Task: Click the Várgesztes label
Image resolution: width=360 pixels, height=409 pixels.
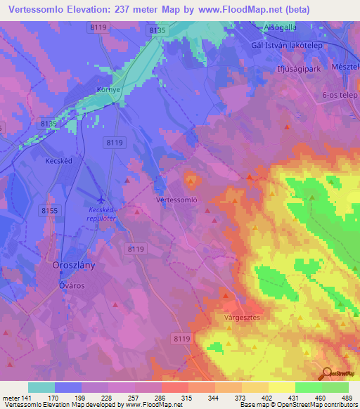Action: click(243, 318)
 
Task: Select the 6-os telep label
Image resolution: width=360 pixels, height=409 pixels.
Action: click(339, 96)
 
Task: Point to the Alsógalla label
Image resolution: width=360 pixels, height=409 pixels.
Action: click(278, 27)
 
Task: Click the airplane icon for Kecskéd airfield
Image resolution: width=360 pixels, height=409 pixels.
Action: click(102, 197)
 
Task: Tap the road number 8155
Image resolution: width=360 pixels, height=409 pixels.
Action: click(50, 210)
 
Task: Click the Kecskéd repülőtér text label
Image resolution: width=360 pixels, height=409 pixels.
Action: click(102, 214)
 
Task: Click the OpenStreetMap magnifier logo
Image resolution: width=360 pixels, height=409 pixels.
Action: click(326, 375)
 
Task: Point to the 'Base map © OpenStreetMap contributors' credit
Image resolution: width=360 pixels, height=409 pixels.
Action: click(297, 405)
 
